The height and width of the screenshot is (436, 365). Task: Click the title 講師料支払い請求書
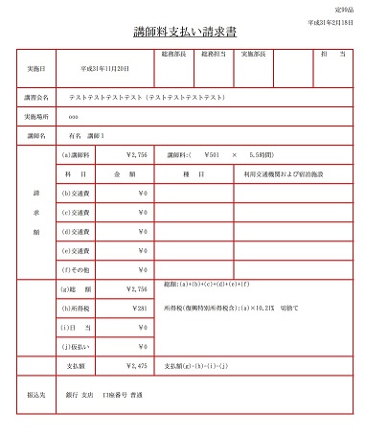[182, 33]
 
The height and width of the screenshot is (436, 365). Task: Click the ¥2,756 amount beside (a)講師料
[135, 154]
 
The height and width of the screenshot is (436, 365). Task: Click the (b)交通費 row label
[77, 195]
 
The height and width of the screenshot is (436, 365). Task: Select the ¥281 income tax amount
[137, 309]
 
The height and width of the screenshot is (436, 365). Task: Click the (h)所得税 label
[76, 309]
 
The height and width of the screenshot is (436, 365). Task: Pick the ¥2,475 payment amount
[135, 366]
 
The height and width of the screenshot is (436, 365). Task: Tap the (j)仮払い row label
[76, 346]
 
